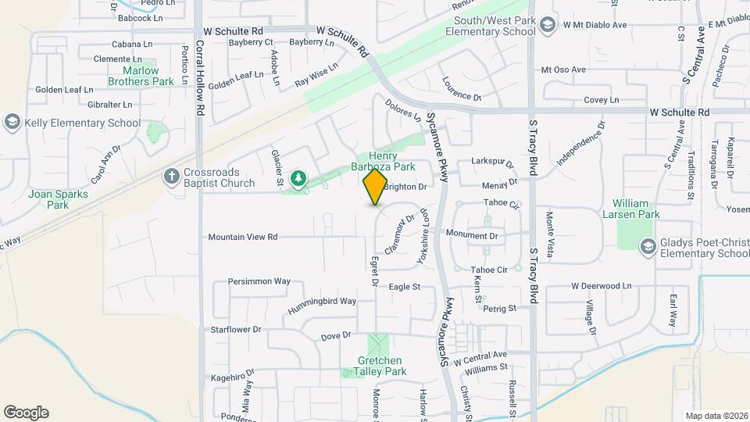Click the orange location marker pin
tap(376, 187)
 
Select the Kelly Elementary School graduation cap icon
tap(12, 122)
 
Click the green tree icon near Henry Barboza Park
tap(298, 180)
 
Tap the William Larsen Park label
tap(636, 209)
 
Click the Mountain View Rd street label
tap(242, 237)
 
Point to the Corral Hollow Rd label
tap(200, 78)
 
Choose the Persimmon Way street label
tap(259, 281)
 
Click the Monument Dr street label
tap(472, 234)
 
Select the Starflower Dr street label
tap(235, 329)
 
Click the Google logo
tap(26, 413)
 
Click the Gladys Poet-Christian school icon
tap(647, 247)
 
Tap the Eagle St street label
tap(405, 287)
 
